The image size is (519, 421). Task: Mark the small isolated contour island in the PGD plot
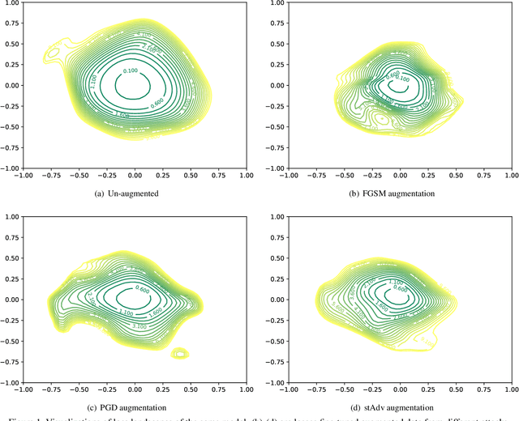click(180, 353)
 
